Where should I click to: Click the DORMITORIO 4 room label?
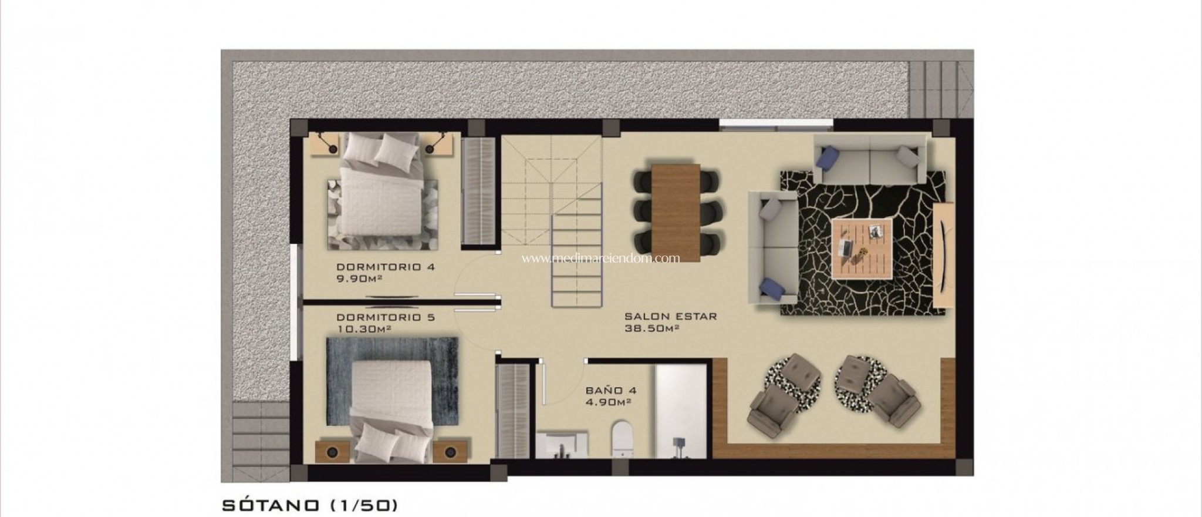pos(386,267)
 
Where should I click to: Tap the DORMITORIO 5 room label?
pos(386,318)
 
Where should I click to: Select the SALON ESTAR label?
pos(671,316)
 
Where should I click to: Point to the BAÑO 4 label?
pos(611,390)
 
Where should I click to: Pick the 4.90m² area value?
pos(608,402)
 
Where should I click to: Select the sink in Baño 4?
pos(562,442)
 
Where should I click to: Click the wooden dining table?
pos(676,212)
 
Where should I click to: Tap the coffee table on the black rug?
pos(862,247)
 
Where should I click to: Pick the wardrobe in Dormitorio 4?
pos(479,190)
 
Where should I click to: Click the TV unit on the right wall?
pos(943,254)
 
